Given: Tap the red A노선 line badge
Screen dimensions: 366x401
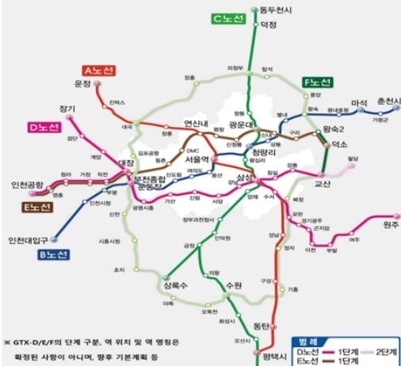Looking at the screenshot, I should tap(98, 71).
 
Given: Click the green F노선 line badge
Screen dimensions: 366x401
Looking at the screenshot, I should tap(319, 82).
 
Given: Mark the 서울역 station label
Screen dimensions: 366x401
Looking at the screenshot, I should tap(195, 158).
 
